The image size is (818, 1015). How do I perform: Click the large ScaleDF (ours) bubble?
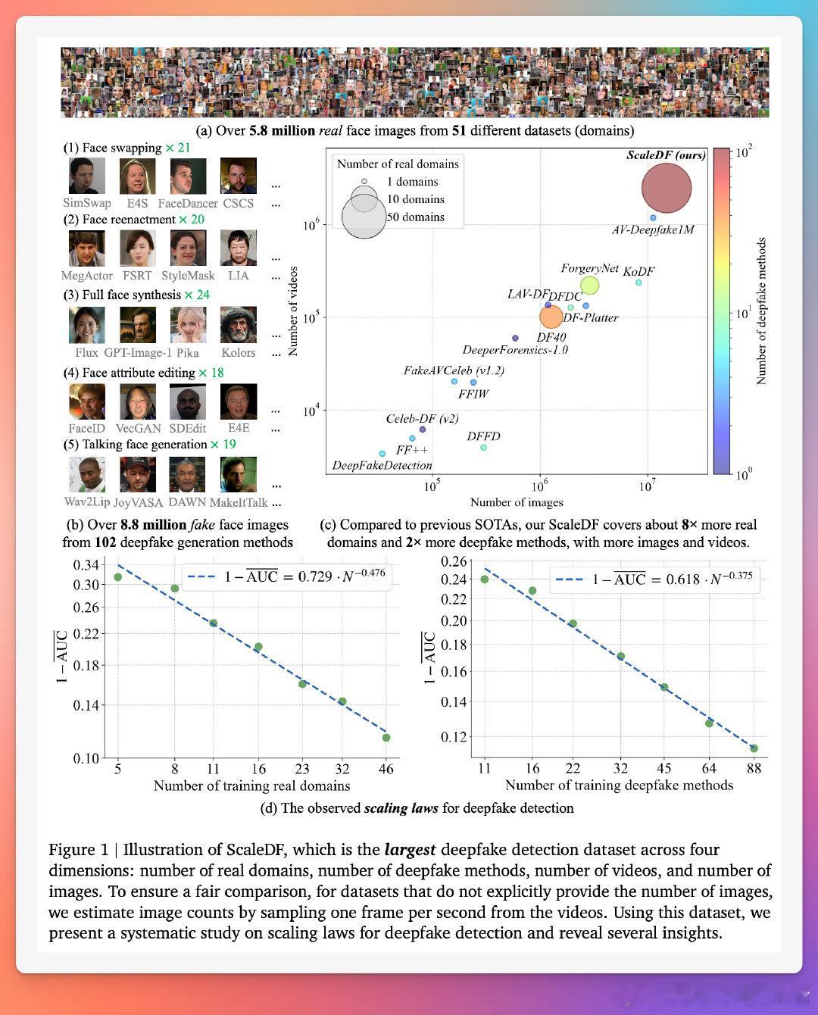click(667, 189)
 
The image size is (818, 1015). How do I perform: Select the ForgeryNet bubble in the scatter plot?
click(589, 286)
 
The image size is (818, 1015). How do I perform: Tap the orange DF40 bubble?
click(551, 317)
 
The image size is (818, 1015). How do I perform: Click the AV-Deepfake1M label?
click(653, 230)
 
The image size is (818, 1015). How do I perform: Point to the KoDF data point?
click(638, 283)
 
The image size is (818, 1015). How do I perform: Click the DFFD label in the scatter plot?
click(483, 436)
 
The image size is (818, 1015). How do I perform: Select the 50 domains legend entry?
click(415, 217)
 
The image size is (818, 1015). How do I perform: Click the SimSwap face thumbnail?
click(87, 176)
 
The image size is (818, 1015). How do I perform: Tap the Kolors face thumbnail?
click(238, 325)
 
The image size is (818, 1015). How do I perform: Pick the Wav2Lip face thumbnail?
click(86, 475)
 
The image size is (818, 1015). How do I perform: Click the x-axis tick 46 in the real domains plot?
click(386, 768)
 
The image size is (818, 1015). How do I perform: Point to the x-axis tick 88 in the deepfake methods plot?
click(754, 768)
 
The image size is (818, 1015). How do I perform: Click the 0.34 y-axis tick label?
click(86, 565)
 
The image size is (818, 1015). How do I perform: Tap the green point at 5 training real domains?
click(118, 577)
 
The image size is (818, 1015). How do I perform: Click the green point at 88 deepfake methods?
click(754, 748)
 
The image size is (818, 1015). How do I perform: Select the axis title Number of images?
click(517, 502)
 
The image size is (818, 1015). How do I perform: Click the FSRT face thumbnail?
click(137, 248)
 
